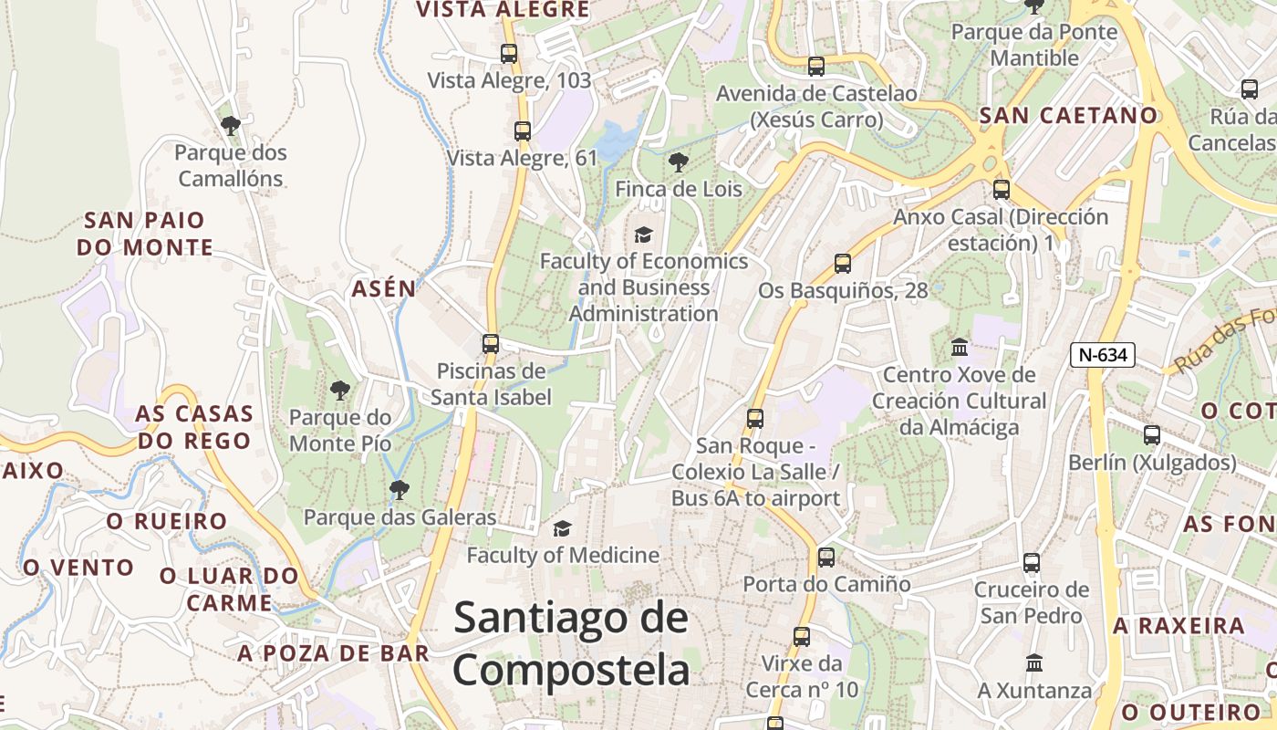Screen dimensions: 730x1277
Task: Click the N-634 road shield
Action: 1102,355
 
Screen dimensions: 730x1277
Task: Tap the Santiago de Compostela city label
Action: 571,644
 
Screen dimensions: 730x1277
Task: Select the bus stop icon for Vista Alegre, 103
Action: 509,54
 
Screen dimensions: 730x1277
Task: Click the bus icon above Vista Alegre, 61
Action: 523,131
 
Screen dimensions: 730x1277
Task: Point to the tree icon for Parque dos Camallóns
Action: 231,125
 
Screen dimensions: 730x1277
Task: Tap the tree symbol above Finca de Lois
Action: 678,162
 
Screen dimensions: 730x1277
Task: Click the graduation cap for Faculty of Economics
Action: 644,235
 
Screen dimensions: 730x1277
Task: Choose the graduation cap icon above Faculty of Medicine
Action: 563,529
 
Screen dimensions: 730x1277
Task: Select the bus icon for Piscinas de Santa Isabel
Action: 491,344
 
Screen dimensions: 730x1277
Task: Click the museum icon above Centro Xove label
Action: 960,348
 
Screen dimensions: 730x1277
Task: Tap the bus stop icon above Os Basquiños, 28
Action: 843,264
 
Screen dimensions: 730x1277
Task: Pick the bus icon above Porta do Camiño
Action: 826,557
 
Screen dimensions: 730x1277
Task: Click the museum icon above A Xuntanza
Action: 1034,662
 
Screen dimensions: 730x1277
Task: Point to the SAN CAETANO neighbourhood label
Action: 1068,116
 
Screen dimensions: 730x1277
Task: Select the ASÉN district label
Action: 384,289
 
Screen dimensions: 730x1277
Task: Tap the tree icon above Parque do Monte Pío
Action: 340,391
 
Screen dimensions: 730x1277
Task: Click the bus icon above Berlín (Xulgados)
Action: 1152,435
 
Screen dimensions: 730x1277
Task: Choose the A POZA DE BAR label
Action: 334,652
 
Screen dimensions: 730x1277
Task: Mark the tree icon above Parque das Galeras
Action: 399,490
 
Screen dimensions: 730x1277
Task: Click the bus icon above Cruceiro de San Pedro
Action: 1032,562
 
